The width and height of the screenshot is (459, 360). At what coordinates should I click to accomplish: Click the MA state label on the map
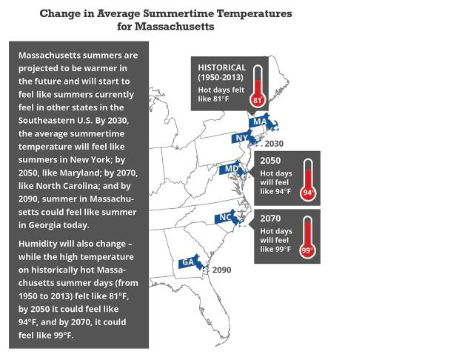(x=259, y=121)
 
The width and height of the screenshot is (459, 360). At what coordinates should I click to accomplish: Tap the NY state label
(x=241, y=138)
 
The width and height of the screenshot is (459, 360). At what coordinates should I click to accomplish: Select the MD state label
(x=230, y=169)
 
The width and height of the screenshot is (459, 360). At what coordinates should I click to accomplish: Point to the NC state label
(x=225, y=218)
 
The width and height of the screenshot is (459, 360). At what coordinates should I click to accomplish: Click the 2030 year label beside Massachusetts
(x=273, y=144)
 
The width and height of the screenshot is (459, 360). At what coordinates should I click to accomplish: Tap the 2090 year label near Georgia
(x=221, y=270)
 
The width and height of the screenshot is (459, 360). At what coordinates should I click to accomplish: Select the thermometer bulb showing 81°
(x=258, y=100)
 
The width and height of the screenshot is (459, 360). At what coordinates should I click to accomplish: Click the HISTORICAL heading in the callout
(x=221, y=67)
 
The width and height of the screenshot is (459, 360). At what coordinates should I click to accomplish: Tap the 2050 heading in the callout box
(x=270, y=159)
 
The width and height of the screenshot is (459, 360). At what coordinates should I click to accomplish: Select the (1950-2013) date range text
(x=222, y=78)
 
